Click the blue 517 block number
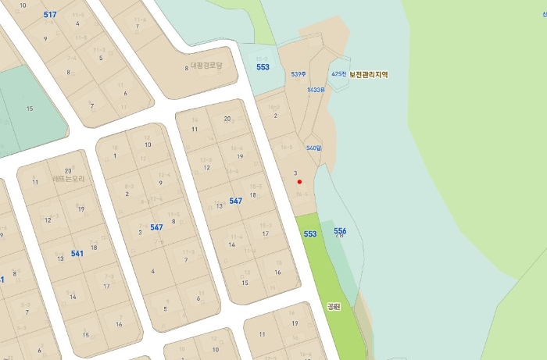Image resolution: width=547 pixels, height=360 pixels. [50, 15]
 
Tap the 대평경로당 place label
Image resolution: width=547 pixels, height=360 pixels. [207, 66]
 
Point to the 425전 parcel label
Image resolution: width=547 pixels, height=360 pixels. [338, 73]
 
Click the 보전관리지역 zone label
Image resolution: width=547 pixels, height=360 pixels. [369, 74]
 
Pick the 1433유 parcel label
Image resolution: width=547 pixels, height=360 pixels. [316, 90]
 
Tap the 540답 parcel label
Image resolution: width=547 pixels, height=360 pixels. [313, 148]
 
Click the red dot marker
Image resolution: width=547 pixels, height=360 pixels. [300, 181]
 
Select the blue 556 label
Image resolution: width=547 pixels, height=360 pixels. [340, 231]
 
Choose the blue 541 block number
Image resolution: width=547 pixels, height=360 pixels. [77, 254]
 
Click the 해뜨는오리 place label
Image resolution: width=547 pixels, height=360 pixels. [68, 179]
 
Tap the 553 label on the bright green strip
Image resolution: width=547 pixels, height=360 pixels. [310, 233]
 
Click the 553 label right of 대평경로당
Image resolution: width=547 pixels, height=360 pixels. [263, 67]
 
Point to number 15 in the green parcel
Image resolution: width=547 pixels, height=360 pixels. [30, 108]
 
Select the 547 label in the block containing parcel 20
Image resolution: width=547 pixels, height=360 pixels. [235, 201]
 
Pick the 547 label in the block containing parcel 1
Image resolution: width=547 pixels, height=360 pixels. [156, 227]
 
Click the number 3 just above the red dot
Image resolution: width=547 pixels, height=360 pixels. [295, 173]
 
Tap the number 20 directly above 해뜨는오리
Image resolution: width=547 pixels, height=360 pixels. [68, 170]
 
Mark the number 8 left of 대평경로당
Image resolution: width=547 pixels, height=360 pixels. [186, 69]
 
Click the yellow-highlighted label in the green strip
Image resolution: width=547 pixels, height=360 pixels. [334, 307]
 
